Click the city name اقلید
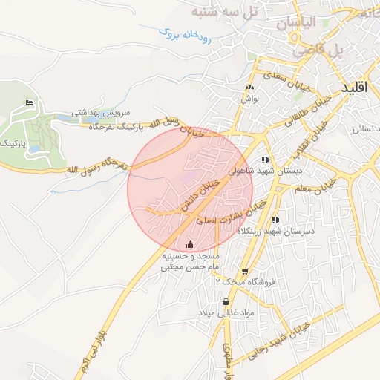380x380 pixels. tap(355, 88)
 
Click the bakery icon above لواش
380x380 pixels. tap(249, 87)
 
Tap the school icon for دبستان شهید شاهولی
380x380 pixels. tap(265, 160)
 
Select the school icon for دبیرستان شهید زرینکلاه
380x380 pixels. tap(275, 220)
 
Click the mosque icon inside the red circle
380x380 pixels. tap(191, 244)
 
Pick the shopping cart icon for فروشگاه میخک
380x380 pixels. tap(245, 272)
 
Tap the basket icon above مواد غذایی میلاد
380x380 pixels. tap(226, 301)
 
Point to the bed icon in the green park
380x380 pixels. tap(29, 102)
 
